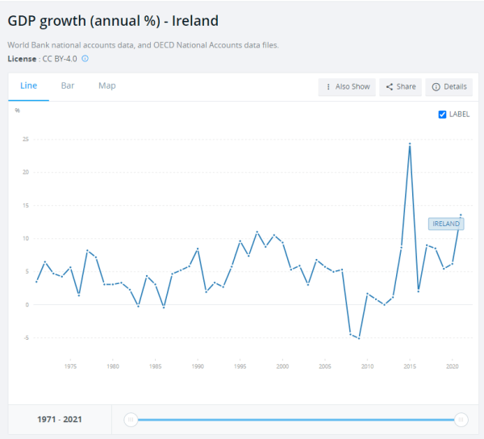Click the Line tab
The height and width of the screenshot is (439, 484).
pos(28,86)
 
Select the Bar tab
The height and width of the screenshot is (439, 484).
pos(68,86)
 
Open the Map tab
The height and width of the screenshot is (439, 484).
pos(106,86)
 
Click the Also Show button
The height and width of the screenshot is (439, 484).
pos(347,86)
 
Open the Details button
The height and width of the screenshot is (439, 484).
pos(449,86)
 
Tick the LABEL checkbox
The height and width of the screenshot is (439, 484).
pos(442,115)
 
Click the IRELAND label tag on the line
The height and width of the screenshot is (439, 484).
pos(446,224)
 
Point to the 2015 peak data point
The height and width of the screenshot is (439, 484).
pos(410,144)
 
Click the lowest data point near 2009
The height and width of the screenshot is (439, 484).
pos(359,338)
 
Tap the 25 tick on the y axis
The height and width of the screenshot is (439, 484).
pos(26,139)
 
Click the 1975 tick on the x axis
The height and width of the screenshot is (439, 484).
pos(70,366)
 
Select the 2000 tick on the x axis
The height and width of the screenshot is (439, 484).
pos(282,366)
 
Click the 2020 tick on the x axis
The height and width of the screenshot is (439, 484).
pos(453,366)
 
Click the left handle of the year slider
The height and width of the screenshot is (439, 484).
pos(131,420)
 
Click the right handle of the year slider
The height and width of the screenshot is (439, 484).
pos(461,420)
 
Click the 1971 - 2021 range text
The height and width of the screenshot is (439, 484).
pos(59,420)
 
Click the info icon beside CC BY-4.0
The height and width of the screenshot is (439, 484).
pos(85,58)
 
